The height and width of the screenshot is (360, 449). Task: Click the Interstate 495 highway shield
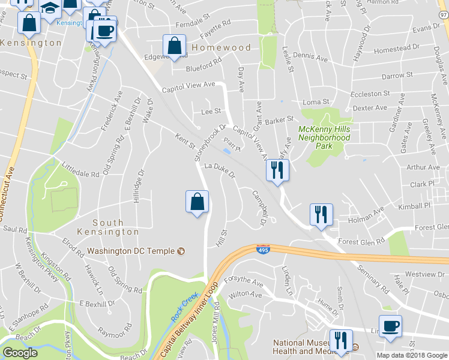[263, 249]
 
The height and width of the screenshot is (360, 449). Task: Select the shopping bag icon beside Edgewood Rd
[174, 46]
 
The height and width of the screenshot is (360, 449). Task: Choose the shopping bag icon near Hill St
[197, 203]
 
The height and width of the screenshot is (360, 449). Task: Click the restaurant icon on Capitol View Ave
[277, 170]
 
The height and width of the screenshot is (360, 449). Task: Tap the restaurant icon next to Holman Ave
[321, 215]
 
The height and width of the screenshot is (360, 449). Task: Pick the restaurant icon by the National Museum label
[340, 341]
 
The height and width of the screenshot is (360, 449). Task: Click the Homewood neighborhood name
[221, 47]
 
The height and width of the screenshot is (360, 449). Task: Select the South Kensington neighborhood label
[108, 227]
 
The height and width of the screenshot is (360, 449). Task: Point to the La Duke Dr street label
[218, 171]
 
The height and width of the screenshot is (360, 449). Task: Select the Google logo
[20, 353]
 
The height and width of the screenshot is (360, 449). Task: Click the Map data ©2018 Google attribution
[412, 355]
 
